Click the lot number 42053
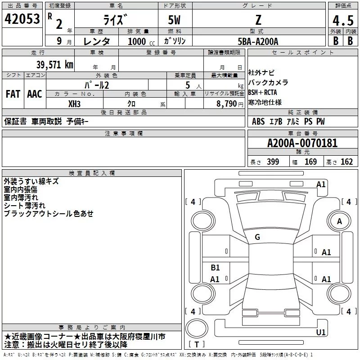tap(22, 19)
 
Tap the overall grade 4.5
tap(343, 20)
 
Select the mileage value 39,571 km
tap(54, 65)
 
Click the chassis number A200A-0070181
tap(302, 143)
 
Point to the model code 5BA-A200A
tap(258, 41)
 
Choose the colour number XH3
tap(74, 104)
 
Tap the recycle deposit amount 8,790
tap(226, 104)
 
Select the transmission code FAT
tap(13, 94)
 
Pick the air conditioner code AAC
tap(35, 94)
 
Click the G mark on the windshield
tap(257, 237)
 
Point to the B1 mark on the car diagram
tap(215, 267)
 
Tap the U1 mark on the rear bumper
tap(321, 332)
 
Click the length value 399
tap(273, 162)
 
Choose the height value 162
tap(346, 162)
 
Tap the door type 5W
tap(174, 20)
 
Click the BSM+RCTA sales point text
tap(262, 92)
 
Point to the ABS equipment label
tap(258, 121)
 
